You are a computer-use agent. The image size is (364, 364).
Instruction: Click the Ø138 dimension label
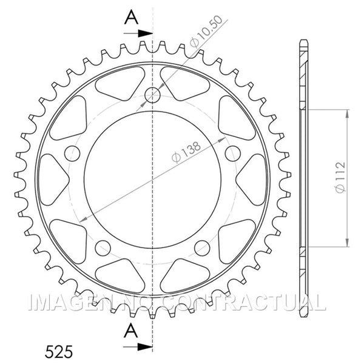[x=186, y=152]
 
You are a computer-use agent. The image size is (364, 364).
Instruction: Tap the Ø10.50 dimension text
[x=206, y=32]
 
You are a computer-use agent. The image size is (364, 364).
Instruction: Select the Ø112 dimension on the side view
[x=340, y=177]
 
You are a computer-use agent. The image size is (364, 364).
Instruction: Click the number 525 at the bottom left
[x=59, y=351]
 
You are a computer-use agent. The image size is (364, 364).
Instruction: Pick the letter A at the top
[x=132, y=18]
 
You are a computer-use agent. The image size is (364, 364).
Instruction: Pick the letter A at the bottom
[x=131, y=331]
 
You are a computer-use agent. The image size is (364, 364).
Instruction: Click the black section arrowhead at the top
[x=145, y=33]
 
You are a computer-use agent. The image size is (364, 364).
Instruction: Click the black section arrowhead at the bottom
[x=145, y=347]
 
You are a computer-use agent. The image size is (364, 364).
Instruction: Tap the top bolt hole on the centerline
[x=152, y=95]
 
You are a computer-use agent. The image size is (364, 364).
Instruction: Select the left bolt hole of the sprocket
[x=72, y=153]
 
